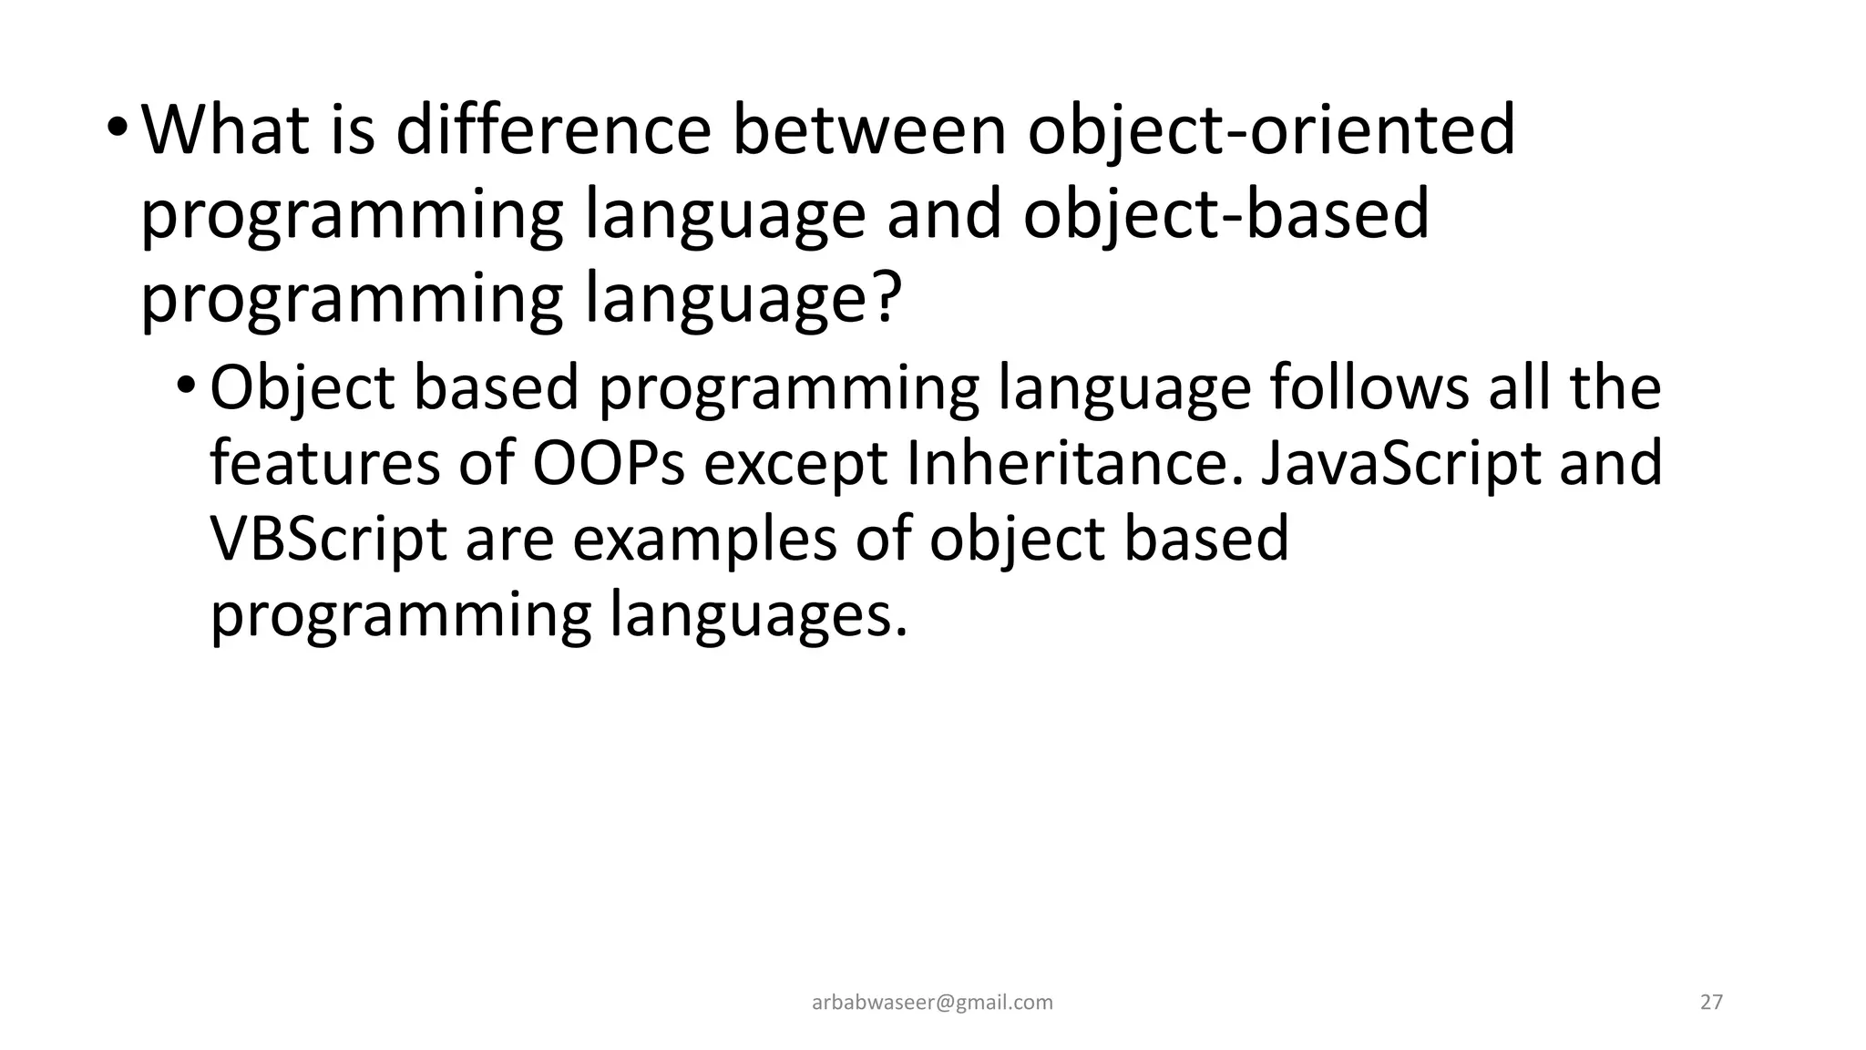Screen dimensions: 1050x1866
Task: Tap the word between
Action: pyautogui.click(x=869, y=130)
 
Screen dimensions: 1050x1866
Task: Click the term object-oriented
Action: pyautogui.click(x=1271, y=130)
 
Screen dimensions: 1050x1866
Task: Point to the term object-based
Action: pyautogui.click(x=1225, y=215)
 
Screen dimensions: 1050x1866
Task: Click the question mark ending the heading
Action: pyautogui.click(x=885, y=299)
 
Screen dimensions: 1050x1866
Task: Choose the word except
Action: pyautogui.click(x=795, y=464)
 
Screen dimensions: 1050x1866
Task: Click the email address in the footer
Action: pyautogui.click(x=932, y=1003)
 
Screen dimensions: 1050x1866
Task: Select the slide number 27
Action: pyautogui.click(x=1711, y=1003)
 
